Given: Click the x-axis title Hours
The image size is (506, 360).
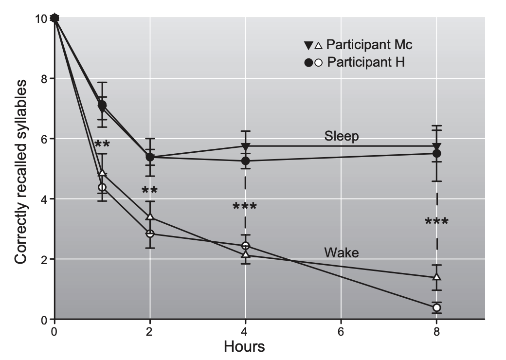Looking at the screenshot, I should tap(244, 346).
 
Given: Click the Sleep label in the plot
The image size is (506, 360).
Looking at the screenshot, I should tap(342, 136).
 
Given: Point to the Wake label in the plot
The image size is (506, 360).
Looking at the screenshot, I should tap(342, 252).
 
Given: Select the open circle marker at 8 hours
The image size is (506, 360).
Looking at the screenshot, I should tap(436, 307).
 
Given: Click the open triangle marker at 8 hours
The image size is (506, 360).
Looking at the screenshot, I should tap(436, 277).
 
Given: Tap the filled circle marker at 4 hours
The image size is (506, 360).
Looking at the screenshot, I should tap(246, 161).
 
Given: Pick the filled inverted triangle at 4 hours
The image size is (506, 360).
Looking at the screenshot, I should tap(246, 146).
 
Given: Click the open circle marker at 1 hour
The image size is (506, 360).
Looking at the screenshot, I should tap(102, 187).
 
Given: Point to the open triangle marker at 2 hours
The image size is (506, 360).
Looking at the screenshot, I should tap(150, 216).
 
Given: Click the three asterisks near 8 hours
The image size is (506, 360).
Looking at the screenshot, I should tap(436, 222).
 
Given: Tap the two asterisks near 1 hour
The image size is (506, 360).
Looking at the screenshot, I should tap(102, 144).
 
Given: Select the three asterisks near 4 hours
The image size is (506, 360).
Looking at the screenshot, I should tap(245, 207).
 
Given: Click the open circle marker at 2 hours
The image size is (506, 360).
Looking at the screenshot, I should tap(150, 234).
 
